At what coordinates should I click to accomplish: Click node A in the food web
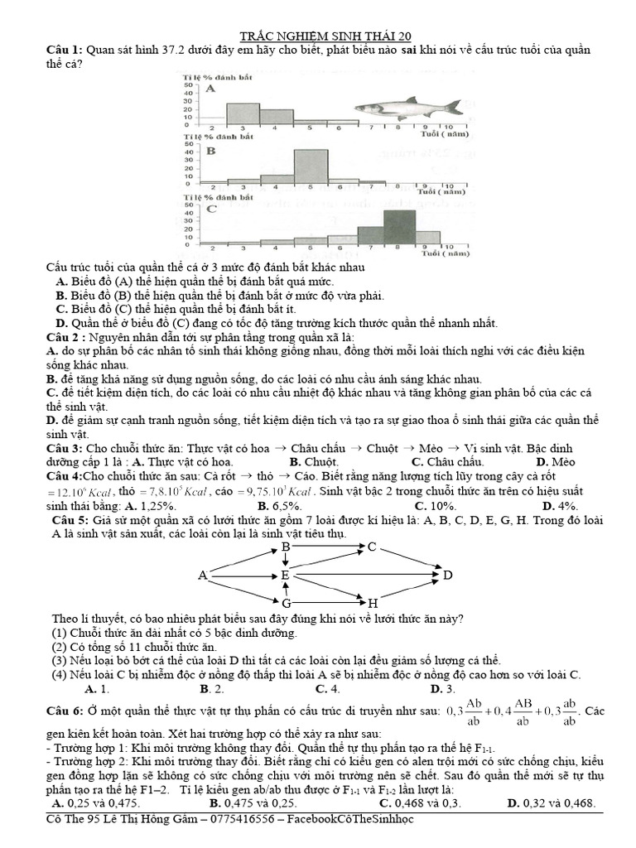tap(202, 575)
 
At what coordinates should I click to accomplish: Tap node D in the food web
tap(448, 575)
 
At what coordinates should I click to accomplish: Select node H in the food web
tap(373, 602)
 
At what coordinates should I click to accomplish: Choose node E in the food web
tap(285, 575)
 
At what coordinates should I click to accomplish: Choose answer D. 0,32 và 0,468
tap(551, 802)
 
